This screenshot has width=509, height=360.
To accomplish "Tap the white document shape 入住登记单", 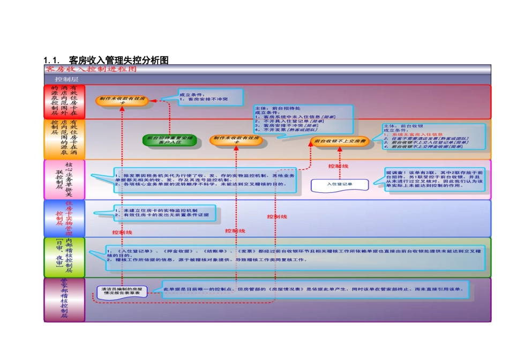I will (x=340, y=184).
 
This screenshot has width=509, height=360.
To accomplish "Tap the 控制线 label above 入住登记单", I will (x=338, y=166).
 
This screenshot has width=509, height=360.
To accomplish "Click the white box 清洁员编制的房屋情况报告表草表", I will (x=122, y=291).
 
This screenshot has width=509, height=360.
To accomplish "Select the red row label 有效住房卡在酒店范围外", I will (x=64, y=101).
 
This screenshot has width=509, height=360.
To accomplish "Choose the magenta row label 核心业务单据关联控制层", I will (x=64, y=179).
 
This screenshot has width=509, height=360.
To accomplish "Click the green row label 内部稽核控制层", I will (x=64, y=257).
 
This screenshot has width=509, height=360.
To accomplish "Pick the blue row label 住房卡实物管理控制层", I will (x=64, y=219).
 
